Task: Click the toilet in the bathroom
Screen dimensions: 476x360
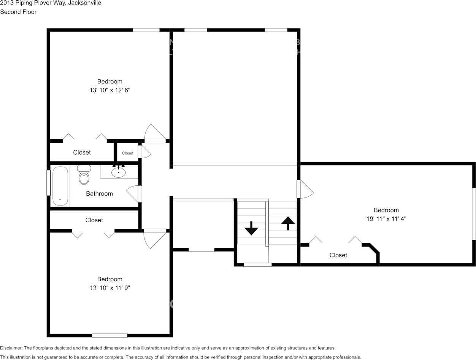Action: point(84,174)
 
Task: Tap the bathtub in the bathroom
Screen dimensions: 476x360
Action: point(60,186)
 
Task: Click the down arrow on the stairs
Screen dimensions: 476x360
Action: point(251,228)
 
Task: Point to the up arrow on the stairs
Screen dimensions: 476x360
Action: point(288,223)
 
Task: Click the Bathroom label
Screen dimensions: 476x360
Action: point(99,194)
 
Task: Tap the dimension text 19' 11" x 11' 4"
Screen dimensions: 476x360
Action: point(386,219)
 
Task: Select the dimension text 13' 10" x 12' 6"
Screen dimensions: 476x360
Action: point(110,90)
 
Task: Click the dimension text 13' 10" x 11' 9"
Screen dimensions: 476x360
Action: point(110,288)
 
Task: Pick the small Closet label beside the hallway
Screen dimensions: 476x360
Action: point(127,153)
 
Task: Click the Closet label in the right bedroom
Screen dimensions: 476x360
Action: point(338,255)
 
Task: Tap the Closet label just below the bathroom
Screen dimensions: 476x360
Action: point(94,220)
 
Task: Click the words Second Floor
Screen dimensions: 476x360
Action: point(18,12)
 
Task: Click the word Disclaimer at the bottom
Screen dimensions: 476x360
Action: point(11,348)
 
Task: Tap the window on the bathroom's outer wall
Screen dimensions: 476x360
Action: point(49,183)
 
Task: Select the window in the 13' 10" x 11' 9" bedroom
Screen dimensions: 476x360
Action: point(109,336)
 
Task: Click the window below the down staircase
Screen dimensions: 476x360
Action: point(258,265)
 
